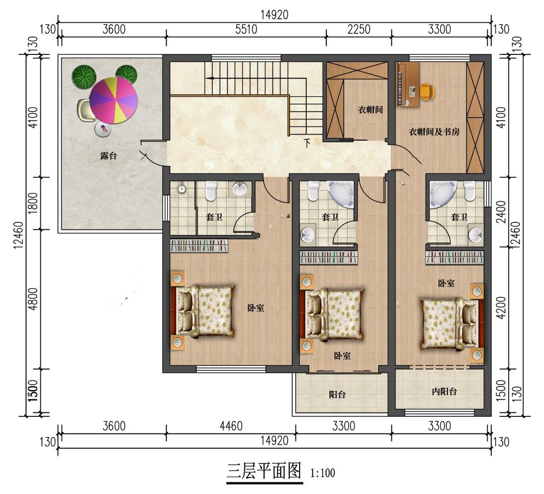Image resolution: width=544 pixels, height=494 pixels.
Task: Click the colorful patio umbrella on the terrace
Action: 113,100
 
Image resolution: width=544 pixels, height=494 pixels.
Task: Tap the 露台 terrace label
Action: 109,156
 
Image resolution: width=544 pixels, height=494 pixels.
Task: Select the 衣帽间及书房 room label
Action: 434,132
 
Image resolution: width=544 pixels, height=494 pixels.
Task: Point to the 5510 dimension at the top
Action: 246,30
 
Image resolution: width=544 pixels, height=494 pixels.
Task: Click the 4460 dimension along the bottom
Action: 231,426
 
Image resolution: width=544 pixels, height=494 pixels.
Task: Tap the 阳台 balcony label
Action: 337,394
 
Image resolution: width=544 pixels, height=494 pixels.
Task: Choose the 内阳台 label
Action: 444,392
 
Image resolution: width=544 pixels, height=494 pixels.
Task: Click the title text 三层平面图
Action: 264,471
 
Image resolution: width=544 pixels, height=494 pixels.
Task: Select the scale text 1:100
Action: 323,473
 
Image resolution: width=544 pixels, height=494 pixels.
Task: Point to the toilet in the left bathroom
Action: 211,191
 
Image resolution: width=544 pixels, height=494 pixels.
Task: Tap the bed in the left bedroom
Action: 203,312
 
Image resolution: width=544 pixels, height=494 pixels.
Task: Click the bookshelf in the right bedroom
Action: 454,258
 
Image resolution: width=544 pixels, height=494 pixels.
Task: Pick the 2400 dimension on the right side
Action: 501,212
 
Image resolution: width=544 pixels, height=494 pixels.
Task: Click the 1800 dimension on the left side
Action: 33,203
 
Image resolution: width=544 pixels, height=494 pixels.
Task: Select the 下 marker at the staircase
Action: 307,143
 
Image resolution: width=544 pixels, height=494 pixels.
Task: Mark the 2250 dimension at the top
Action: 359,30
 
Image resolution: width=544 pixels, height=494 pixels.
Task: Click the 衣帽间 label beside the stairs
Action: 370,110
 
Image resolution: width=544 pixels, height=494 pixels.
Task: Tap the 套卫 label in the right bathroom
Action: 459,217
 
